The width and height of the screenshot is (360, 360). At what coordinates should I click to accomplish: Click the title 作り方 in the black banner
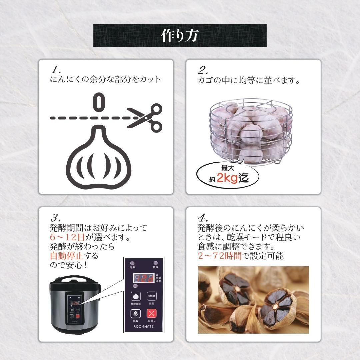click(180, 35)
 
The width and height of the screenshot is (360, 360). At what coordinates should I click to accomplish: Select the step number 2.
click(203, 70)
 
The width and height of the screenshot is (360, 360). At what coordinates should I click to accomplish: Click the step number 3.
click(55, 218)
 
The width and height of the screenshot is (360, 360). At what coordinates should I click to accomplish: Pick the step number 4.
click(203, 218)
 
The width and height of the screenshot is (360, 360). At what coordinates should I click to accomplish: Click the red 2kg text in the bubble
click(227, 178)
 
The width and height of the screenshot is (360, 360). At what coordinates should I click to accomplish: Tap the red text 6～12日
click(67, 238)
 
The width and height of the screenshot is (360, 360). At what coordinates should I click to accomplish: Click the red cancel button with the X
click(151, 314)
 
